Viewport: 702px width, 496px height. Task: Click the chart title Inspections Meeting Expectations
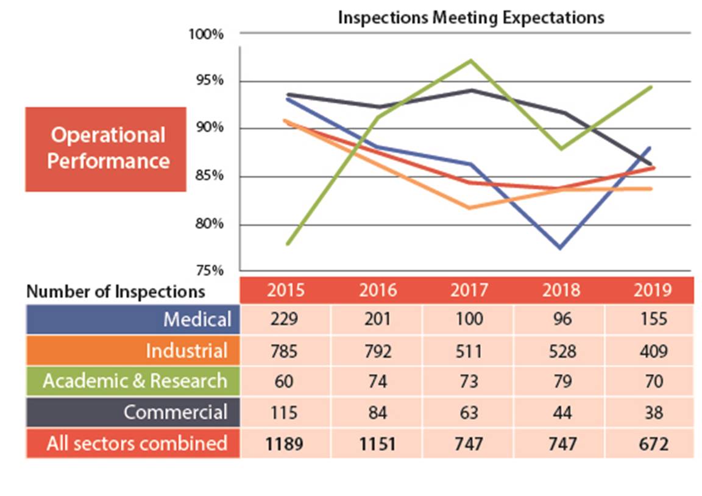tap(471, 17)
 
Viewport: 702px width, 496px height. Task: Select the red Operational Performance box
tap(106, 149)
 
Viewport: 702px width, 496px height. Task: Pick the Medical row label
tap(197, 319)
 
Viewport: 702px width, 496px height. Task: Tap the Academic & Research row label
tap(135, 381)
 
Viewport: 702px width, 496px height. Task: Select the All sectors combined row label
tap(137, 443)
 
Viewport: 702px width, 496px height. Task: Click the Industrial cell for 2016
tap(377, 350)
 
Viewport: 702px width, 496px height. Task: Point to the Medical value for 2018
tap(561, 319)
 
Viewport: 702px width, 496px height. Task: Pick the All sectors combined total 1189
tap(285, 444)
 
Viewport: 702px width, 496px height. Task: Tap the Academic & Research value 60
tap(285, 381)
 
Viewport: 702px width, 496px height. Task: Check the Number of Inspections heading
tap(116, 291)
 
